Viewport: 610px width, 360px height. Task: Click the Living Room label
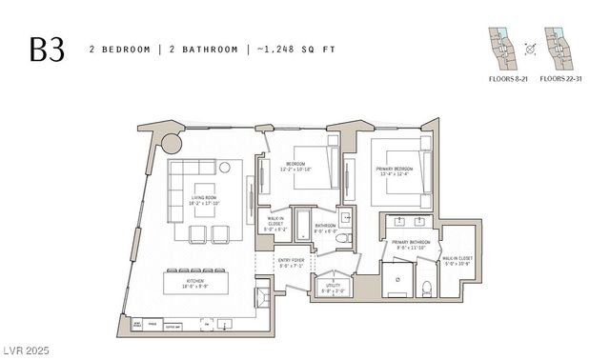pyautogui.click(x=206, y=200)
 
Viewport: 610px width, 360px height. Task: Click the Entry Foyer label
pyautogui.click(x=290, y=263)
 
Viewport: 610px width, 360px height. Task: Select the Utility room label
pyautogui.click(x=333, y=288)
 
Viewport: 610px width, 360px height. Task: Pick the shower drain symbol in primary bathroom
pyautogui.click(x=397, y=279)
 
